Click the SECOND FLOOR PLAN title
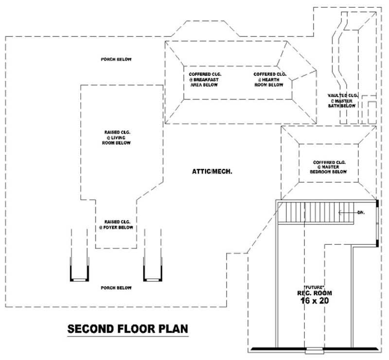point(127,329)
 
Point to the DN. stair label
point(361,212)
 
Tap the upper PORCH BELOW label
point(116,59)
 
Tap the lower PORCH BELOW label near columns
point(116,288)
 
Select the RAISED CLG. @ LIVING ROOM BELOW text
point(117,137)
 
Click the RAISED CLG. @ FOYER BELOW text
point(116,224)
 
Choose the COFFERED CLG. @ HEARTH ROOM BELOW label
point(270,79)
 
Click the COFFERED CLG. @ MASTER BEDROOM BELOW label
point(329,167)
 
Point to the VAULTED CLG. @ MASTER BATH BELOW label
point(342,100)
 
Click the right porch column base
point(153,279)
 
